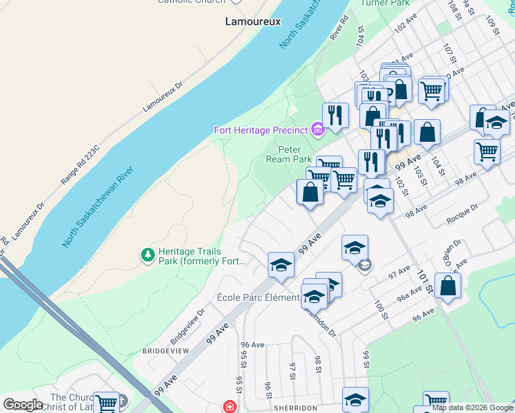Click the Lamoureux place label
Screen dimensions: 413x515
[x=253, y=21]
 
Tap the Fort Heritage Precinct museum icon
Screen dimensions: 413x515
[x=317, y=129]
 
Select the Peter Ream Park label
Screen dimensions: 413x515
[x=294, y=154]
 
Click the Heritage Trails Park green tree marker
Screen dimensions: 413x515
[x=147, y=255]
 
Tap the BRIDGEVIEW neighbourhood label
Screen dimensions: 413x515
[x=165, y=350]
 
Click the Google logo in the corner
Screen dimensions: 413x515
[x=23, y=405]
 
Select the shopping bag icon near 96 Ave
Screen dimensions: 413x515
[x=448, y=286]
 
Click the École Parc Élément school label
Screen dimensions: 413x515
[x=257, y=297]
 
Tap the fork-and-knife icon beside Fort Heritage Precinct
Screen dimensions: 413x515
[x=335, y=116]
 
